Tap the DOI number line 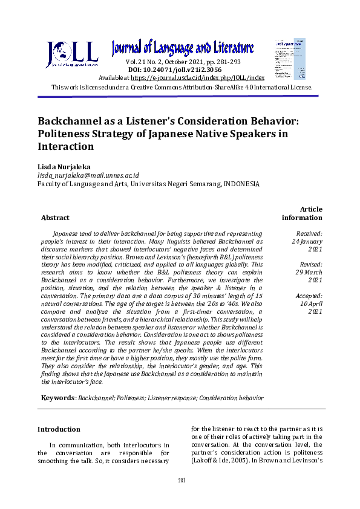pyautogui.click(x=175, y=70)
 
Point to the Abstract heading pyautogui.click(x=55, y=218)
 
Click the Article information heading pyautogui.click(x=302, y=213)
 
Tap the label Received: pyautogui.click(x=309, y=233)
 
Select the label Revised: pyautogui.click(x=311, y=264)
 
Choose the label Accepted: pyautogui.click(x=309, y=296)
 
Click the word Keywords pyautogui.click(x=58, y=398)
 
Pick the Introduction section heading pyautogui.click(x=59, y=429)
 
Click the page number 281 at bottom pyautogui.click(x=181, y=480)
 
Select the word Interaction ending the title pyautogui.click(x=66, y=146)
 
